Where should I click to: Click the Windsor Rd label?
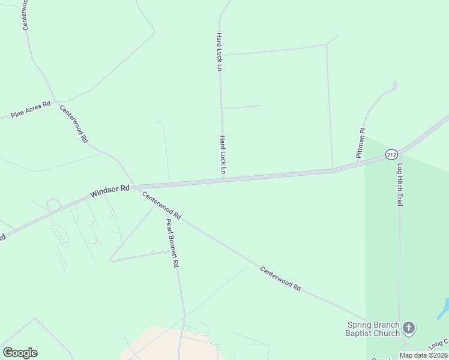(110, 191)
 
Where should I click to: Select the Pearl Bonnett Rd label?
(172, 242)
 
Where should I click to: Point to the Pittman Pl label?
(361, 143)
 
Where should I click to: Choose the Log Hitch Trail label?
(400, 184)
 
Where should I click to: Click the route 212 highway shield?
(391, 154)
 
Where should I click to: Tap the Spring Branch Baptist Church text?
(373, 329)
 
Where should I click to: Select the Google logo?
(20, 353)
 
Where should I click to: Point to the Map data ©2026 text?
(423, 355)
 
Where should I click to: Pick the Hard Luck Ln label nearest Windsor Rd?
(221, 155)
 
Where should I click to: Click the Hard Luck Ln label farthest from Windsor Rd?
(220, 52)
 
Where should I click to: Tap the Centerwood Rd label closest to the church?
(280, 279)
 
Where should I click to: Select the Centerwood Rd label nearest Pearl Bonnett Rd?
(161, 205)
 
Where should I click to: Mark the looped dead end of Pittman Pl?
(394, 86)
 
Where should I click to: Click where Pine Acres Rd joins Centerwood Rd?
(56, 102)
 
